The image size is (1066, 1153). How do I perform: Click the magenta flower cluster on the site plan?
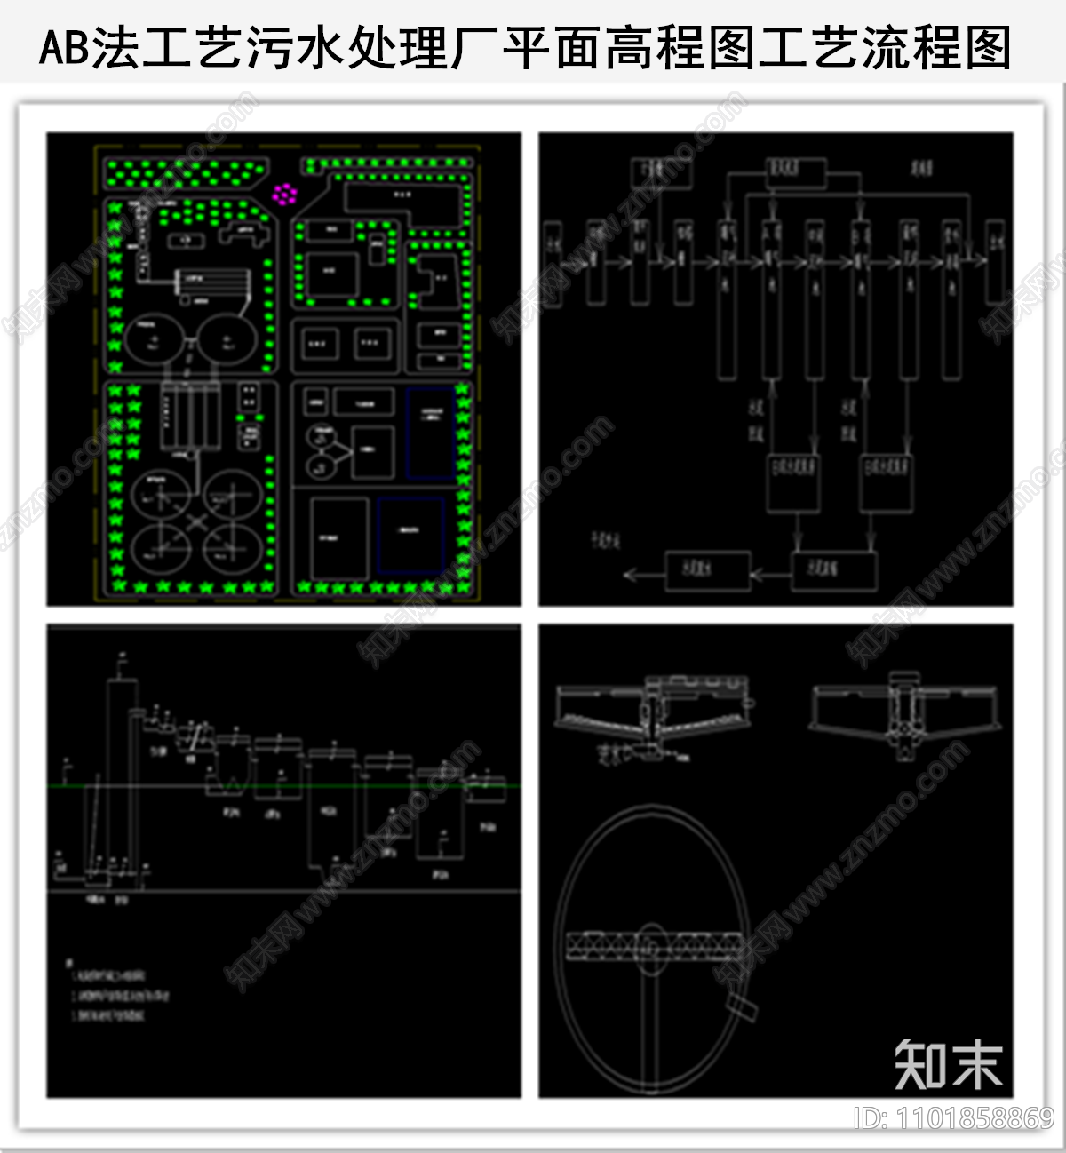[284, 193]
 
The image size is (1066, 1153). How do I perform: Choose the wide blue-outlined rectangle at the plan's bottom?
[410, 534]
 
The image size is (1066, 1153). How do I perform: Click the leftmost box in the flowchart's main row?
[553, 263]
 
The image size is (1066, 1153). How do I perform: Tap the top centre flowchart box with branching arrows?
[795, 173]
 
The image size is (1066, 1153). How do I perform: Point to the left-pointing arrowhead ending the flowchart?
[630, 575]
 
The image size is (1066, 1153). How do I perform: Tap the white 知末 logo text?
[949, 1063]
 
